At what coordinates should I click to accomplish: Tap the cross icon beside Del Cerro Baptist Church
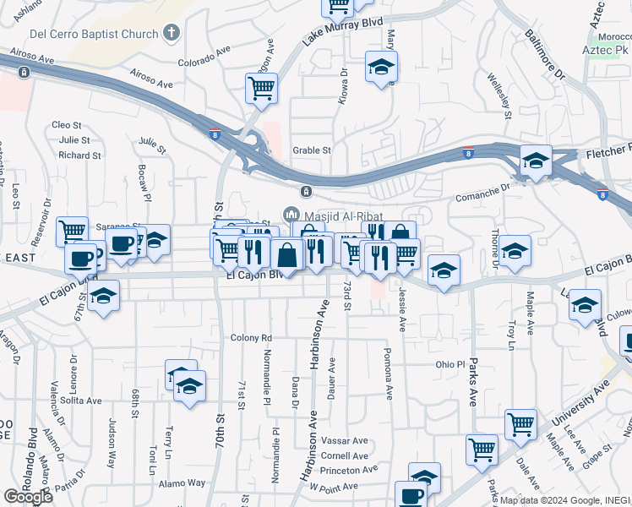[x=172, y=35]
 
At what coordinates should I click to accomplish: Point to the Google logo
[x=28, y=497]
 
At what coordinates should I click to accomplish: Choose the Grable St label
[x=312, y=150]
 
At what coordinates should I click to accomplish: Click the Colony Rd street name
[x=251, y=337]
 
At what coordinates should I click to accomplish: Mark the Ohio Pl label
[x=450, y=365]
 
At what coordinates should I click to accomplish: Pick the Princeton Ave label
[x=349, y=470]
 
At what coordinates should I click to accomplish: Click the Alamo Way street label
[x=183, y=483]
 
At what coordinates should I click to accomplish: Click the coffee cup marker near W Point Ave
[x=411, y=496]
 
